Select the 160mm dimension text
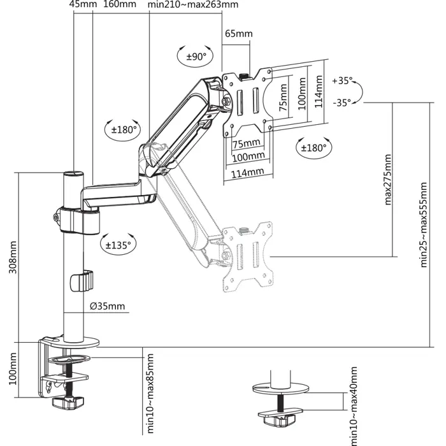click(x=119, y=5)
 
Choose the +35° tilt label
click(x=342, y=81)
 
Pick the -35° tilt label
click(x=342, y=102)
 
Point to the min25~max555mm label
click(x=424, y=234)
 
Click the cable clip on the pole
click(x=81, y=281)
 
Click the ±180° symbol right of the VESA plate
click(x=312, y=147)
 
